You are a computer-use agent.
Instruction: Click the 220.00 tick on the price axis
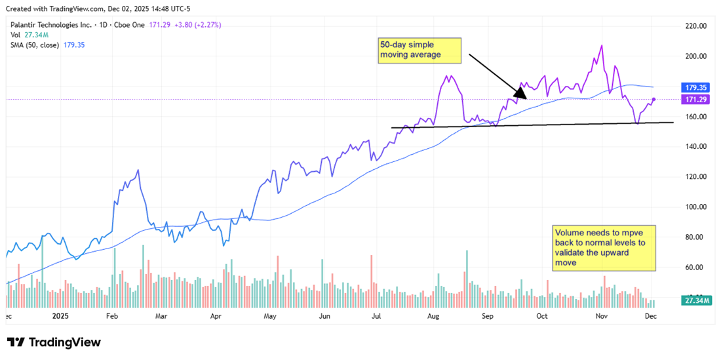(x=695, y=26)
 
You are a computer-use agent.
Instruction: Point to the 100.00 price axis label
(x=695, y=207)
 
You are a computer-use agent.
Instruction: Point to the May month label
(x=269, y=315)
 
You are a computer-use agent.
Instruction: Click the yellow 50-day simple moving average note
(x=419, y=50)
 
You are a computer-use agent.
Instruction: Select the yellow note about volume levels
(x=604, y=248)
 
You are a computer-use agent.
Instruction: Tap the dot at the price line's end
(x=654, y=99)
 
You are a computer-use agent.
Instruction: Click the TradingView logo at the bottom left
(x=54, y=342)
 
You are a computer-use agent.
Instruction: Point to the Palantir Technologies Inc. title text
(x=49, y=25)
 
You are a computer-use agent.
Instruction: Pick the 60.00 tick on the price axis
(x=695, y=268)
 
